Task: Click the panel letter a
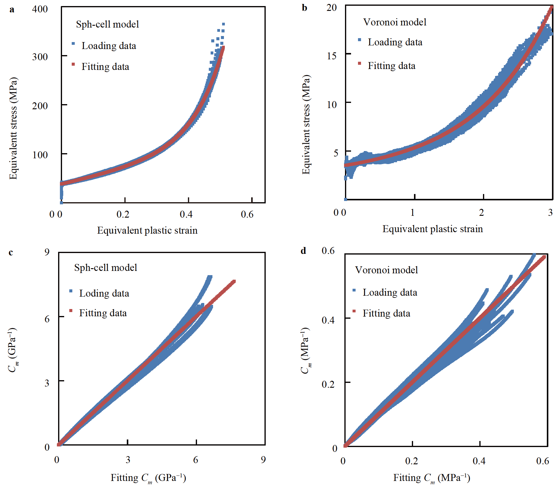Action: (x=12, y=9)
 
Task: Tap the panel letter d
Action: (x=303, y=251)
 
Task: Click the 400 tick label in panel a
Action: (x=40, y=9)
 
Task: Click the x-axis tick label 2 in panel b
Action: (x=481, y=212)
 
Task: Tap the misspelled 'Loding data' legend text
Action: (x=104, y=293)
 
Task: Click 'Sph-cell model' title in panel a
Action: (x=107, y=24)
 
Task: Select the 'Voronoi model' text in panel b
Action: (x=395, y=22)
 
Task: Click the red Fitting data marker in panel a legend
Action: (x=73, y=64)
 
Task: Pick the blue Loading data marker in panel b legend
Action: (x=360, y=40)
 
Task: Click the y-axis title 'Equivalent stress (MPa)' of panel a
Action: (x=13, y=128)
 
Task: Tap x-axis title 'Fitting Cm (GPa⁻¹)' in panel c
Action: (x=148, y=478)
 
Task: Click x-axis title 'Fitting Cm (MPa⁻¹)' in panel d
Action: (x=432, y=478)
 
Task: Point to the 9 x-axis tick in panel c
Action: (x=263, y=460)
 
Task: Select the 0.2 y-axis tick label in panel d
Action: (x=328, y=384)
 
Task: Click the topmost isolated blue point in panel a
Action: (x=223, y=24)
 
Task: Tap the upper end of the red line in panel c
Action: (x=234, y=281)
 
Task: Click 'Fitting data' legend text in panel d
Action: (x=386, y=313)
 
